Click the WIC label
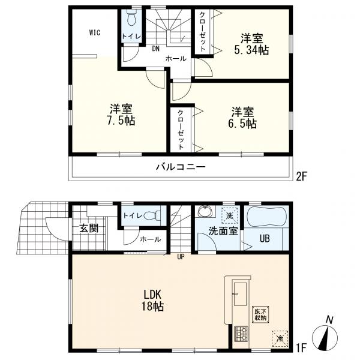click(x=95, y=32)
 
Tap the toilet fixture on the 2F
click(x=131, y=18)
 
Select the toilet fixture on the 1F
click(x=152, y=215)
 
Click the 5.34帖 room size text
click(x=251, y=50)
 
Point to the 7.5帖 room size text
click(x=121, y=121)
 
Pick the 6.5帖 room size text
click(x=242, y=124)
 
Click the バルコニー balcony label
click(x=181, y=167)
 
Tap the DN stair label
click(x=155, y=49)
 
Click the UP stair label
click(x=181, y=257)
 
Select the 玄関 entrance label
click(x=89, y=228)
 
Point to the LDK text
click(x=152, y=294)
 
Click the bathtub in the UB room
click(x=266, y=217)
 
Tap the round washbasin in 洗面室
click(x=205, y=211)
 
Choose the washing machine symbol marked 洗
click(x=229, y=215)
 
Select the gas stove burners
click(x=241, y=334)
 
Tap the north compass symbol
click(x=325, y=337)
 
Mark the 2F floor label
click(x=301, y=177)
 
